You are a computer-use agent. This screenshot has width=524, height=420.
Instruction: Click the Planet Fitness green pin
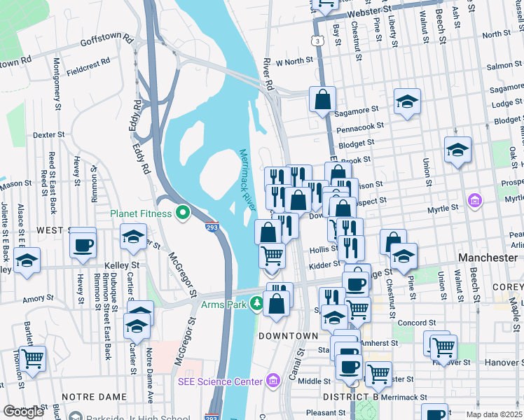[184, 211]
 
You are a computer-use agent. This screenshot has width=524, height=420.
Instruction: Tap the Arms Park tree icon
[257, 304]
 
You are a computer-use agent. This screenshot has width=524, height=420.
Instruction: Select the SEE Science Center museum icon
[273, 381]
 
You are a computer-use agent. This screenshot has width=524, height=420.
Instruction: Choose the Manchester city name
[488, 258]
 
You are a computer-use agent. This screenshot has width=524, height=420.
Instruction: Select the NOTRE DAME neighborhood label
[88, 396]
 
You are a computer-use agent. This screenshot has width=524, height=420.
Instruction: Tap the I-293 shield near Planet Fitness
[212, 227]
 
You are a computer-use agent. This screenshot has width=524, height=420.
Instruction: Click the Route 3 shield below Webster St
[319, 42]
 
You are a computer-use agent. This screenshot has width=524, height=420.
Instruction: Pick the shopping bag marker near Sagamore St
[323, 100]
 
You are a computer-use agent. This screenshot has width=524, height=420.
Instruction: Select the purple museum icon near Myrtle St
[476, 202]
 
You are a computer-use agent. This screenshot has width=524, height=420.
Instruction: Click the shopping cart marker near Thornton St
[32, 358]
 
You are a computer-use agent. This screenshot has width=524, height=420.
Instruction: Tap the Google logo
[23, 412]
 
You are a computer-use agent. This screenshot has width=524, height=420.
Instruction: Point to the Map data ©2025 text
[495, 415]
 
